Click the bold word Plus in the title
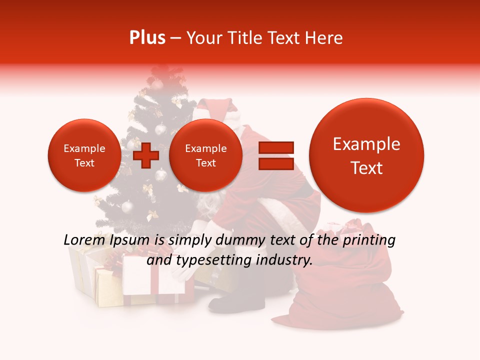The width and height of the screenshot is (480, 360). [x=147, y=38]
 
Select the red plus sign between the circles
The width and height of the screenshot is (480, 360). [x=146, y=155]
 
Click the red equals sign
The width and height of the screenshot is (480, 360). [x=275, y=155]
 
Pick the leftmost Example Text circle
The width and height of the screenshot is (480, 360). [x=84, y=155]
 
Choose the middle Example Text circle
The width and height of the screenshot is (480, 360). [x=205, y=155]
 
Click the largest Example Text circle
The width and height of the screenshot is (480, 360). [x=366, y=155]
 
